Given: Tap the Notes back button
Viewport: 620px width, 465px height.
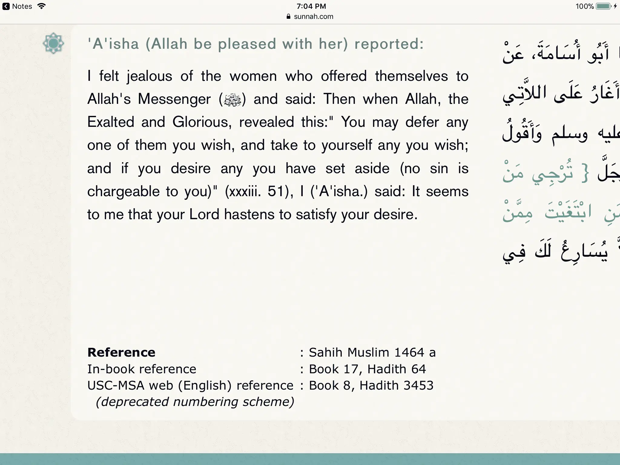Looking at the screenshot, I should [x=17, y=6].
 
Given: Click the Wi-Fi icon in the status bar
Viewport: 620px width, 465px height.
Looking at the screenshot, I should [x=41, y=6].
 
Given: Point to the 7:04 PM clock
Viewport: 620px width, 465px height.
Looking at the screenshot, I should [x=311, y=6].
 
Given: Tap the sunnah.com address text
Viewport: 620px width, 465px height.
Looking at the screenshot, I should [x=314, y=17].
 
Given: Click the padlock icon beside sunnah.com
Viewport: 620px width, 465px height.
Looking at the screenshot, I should [x=288, y=17].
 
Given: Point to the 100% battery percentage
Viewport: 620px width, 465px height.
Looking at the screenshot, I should [x=584, y=6].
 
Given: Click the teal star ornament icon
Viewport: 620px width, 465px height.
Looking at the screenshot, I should [x=53, y=43].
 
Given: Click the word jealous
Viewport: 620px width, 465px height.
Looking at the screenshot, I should [x=149, y=76].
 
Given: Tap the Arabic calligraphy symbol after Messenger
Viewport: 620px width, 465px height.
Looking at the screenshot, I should [x=232, y=100].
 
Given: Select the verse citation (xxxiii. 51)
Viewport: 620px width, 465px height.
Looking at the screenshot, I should [x=259, y=192].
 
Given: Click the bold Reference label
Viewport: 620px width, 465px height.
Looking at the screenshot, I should [x=121, y=352].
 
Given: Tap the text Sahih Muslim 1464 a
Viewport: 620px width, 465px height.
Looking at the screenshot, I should [x=372, y=352].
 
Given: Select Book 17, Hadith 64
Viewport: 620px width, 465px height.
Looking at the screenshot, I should [x=367, y=369].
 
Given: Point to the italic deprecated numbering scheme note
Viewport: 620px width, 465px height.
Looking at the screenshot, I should [x=195, y=402].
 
